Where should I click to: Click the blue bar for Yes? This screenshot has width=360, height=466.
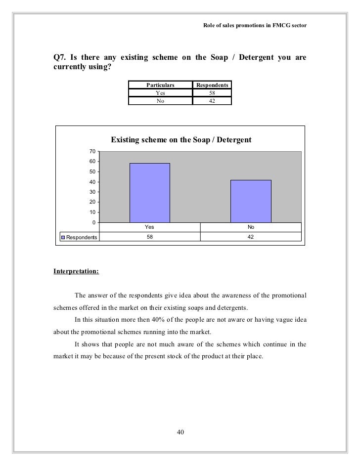149,193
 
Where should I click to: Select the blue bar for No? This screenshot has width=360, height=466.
251,201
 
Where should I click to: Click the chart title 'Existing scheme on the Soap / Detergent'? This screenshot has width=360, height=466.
181,140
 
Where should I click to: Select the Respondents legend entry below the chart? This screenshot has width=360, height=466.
79,238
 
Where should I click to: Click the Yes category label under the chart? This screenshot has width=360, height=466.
149,227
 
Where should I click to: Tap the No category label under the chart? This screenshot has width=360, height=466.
251,227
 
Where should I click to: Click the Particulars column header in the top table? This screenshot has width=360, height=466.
160,85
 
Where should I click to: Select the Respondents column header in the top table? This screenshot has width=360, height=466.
212,85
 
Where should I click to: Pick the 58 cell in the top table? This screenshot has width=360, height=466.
212,93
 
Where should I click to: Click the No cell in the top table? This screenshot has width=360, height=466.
160,101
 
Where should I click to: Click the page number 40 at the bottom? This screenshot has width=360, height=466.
180,433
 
